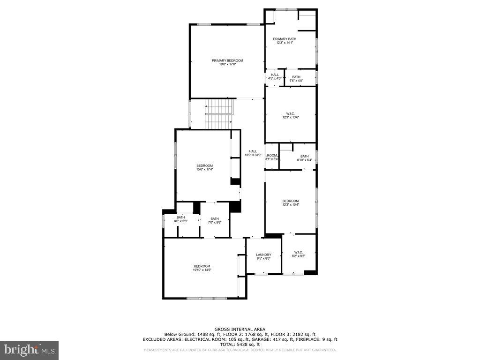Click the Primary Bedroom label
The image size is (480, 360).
coord(227,60)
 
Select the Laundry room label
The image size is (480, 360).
coord(263,255)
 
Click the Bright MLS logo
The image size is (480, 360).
coord(29,349)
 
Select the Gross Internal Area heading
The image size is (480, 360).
coord(240,330)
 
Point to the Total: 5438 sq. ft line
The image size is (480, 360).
coord(240,345)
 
